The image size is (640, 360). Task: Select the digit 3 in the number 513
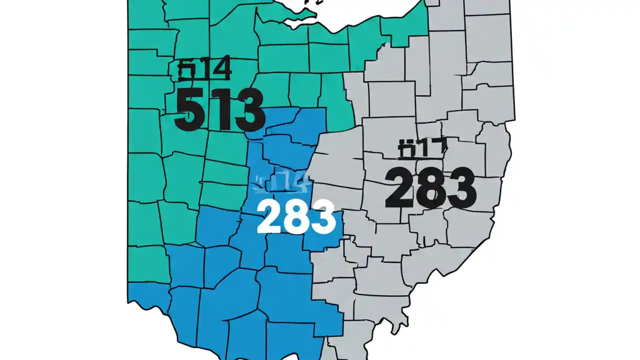tap(245, 110)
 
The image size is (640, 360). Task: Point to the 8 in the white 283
tap(296, 217)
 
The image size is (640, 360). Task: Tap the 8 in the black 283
tap(429, 188)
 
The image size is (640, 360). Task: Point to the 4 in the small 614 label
tap(221, 70)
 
